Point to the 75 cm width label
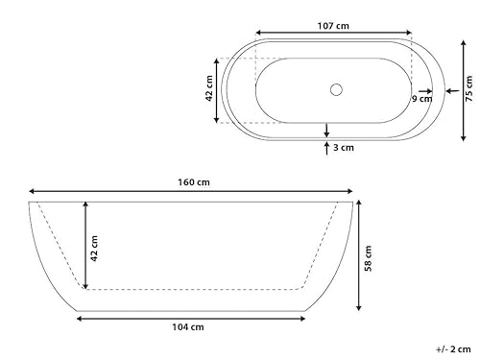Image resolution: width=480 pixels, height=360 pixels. tap(469, 89)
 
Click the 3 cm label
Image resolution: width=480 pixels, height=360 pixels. tap(344, 148)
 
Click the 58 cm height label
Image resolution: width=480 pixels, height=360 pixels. tap(368, 257)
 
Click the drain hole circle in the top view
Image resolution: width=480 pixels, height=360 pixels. tap(335, 90)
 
